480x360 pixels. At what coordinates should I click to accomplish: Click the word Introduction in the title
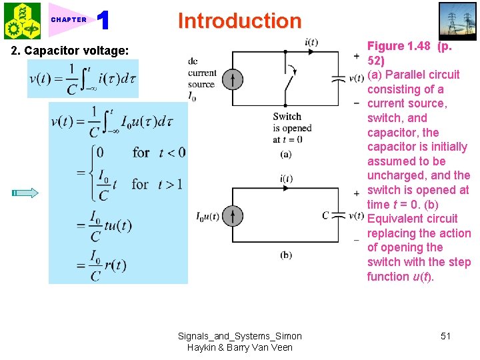tap(239, 21)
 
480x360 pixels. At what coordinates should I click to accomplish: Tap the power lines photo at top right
tap(457, 21)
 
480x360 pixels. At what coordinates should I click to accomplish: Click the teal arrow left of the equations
tap(25, 193)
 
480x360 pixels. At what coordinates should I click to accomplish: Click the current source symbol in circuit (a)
tap(232, 79)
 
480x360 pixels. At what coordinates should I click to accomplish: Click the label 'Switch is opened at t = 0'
tap(287, 127)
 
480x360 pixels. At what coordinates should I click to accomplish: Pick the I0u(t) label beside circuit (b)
tap(208, 216)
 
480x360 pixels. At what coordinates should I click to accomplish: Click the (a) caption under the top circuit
tap(285, 154)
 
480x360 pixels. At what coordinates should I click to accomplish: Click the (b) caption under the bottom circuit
tap(285, 255)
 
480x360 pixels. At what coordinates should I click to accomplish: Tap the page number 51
tap(445, 336)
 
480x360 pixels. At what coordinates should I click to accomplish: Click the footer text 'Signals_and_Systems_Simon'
tap(239, 336)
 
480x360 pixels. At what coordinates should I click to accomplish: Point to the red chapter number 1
tap(103, 21)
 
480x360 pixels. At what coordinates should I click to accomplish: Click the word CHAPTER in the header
tap(69, 20)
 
